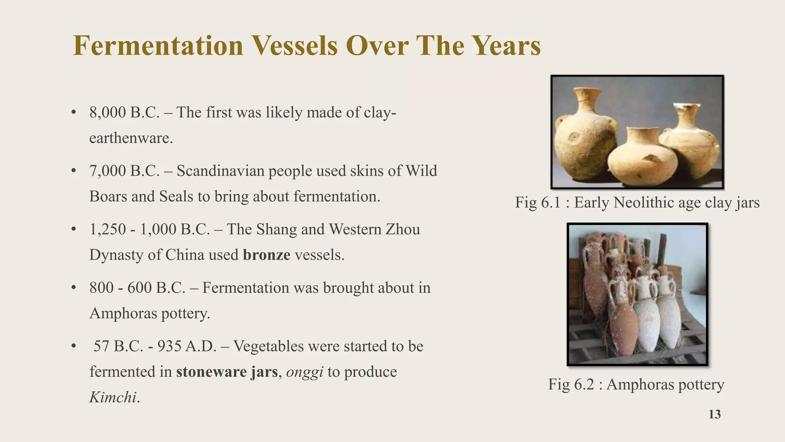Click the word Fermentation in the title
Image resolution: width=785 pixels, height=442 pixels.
(158, 46)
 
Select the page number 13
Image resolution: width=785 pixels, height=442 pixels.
(714, 414)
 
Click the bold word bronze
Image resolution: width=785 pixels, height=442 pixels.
(266, 255)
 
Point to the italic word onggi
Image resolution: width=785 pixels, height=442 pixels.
(305, 372)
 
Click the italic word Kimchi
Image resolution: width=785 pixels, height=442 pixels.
(113, 397)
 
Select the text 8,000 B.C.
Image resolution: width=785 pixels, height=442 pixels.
(124, 112)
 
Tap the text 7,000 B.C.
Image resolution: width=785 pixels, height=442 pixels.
(124, 171)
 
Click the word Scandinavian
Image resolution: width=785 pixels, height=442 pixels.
(220, 171)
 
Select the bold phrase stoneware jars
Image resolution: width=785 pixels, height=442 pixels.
(227, 372)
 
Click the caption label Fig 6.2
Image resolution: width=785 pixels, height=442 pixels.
(571, 384)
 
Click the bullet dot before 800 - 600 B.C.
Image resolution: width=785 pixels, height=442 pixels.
(74, 288)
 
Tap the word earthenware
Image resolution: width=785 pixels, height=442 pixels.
(131, 138)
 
